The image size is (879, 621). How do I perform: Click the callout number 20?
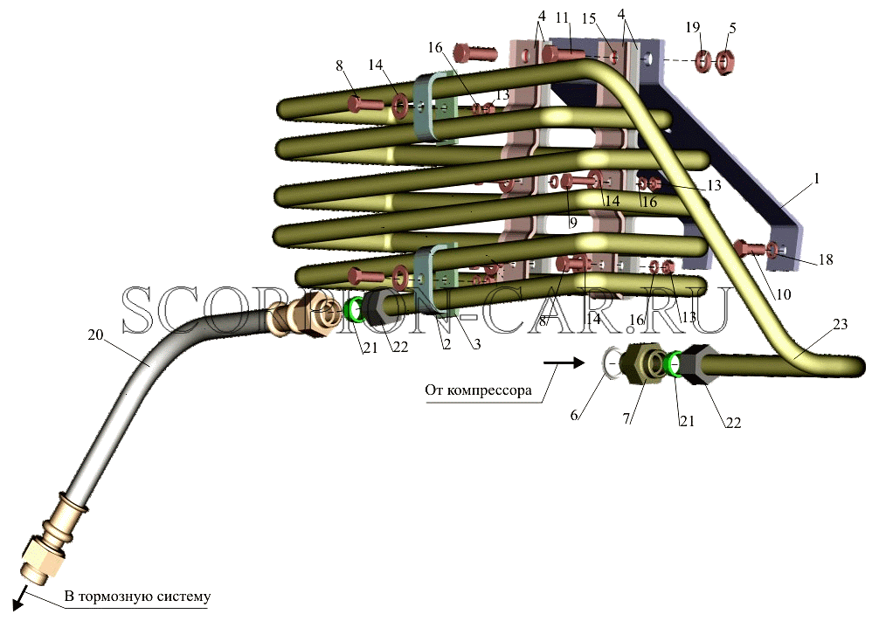point(96,335)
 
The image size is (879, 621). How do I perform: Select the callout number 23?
point(840,324)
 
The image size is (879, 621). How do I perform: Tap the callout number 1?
point(817,179)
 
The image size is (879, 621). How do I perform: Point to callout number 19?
point(693,27)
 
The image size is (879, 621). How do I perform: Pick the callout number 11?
point(563,18)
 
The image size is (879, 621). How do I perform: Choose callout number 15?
point(589,18)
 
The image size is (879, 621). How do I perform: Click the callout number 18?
point(826,259)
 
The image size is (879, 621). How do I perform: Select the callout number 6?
point(574,415)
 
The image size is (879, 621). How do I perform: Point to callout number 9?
point(572,223)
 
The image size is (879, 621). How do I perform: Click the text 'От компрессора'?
point(478,390)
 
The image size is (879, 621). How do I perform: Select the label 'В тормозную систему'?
point(137,596)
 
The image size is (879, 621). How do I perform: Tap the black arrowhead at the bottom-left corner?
point(17,603)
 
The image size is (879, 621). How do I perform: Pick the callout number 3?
point(475,344)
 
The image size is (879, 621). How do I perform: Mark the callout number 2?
point(446,344)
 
